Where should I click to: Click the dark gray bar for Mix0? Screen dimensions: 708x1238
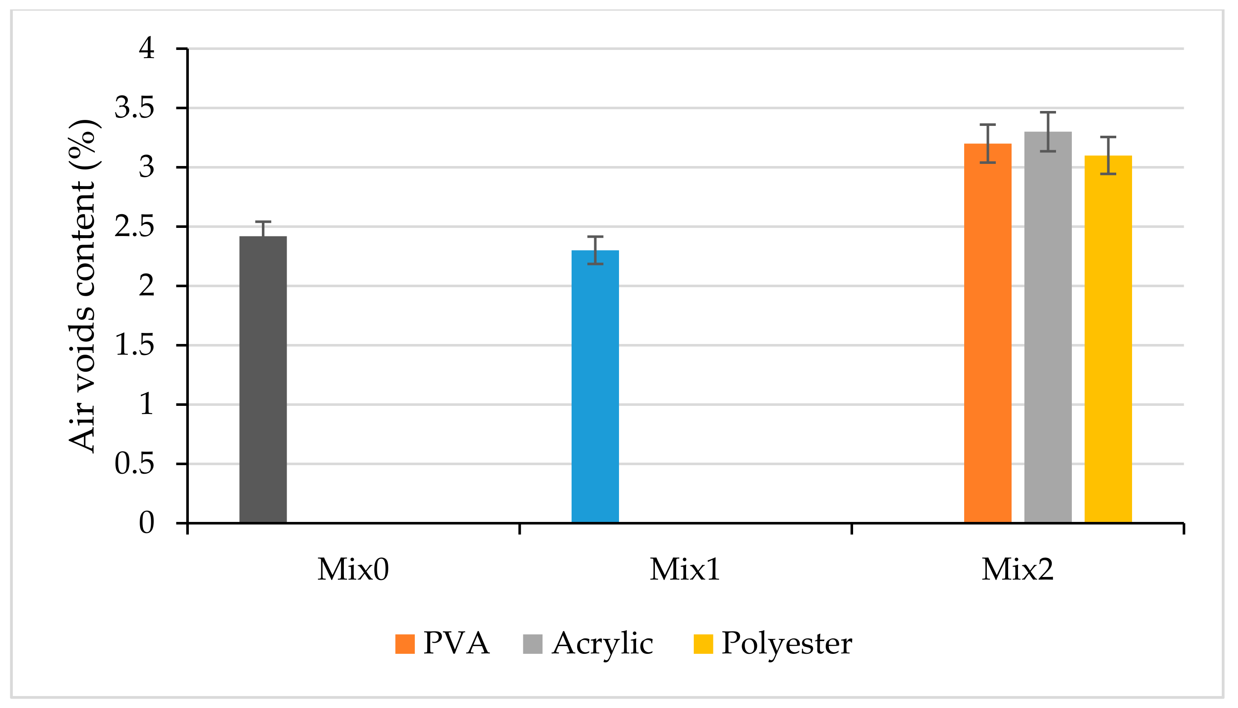263,379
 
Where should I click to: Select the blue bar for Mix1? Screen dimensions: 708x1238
595,387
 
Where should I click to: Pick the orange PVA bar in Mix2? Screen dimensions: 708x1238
987,333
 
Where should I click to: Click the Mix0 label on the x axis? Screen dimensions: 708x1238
353,569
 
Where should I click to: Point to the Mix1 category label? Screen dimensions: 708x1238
685,569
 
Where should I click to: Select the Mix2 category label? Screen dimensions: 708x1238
1017,569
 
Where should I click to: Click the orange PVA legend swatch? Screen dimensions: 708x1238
405,644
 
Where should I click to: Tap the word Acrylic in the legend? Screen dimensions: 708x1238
602,644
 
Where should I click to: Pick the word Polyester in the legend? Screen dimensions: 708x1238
786,644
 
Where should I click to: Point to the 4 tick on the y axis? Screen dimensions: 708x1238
147,49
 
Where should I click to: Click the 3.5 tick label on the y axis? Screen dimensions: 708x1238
134,108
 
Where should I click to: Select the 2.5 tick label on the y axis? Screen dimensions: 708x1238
134,227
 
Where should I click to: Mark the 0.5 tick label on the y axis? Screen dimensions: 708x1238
134,464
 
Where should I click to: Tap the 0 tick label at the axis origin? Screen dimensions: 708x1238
147,524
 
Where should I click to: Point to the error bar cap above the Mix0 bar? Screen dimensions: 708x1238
263,222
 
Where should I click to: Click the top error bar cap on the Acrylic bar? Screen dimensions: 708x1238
1048,112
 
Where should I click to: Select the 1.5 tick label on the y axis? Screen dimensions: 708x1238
134,345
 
